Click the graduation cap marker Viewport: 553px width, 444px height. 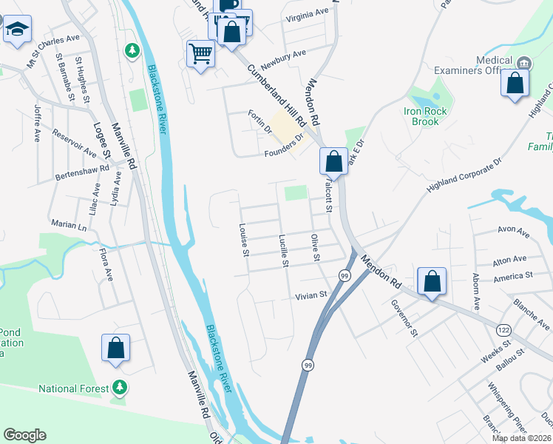tap(16, 30)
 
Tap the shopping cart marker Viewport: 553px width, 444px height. tap(200, 54)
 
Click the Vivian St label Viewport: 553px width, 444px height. tap(311, 295)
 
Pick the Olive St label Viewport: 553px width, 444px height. tap(315, 247)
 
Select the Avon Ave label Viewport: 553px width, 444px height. tap(514, 232)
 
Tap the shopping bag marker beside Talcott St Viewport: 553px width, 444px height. tap(333, 161)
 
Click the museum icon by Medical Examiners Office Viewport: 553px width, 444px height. tap(524, 62)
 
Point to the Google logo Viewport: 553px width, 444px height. tap(25, 435)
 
